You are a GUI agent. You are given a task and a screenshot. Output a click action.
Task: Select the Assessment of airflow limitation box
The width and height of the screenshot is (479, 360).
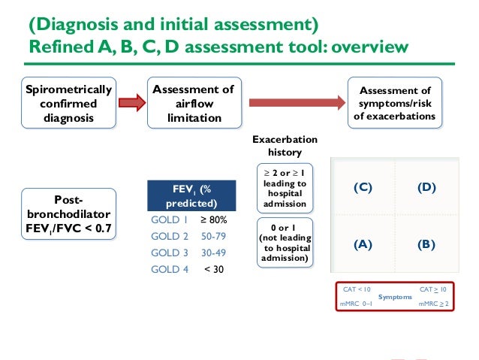coord(193,104)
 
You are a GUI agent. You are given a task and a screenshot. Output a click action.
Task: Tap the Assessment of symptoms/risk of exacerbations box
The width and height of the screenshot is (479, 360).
coord(394,104)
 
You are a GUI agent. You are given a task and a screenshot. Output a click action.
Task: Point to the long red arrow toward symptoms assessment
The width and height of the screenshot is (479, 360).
coord(294,103)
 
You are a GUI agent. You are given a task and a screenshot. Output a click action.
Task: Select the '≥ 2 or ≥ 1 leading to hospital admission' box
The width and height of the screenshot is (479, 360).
coord(285,188)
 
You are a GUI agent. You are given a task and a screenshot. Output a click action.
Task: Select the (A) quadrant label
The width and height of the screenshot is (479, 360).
coord(363,244)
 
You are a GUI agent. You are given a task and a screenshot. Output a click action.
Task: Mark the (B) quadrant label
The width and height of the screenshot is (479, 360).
coord(426,244)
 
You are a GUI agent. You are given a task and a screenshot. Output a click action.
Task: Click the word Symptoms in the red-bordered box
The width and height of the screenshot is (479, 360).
coord(395,297)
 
